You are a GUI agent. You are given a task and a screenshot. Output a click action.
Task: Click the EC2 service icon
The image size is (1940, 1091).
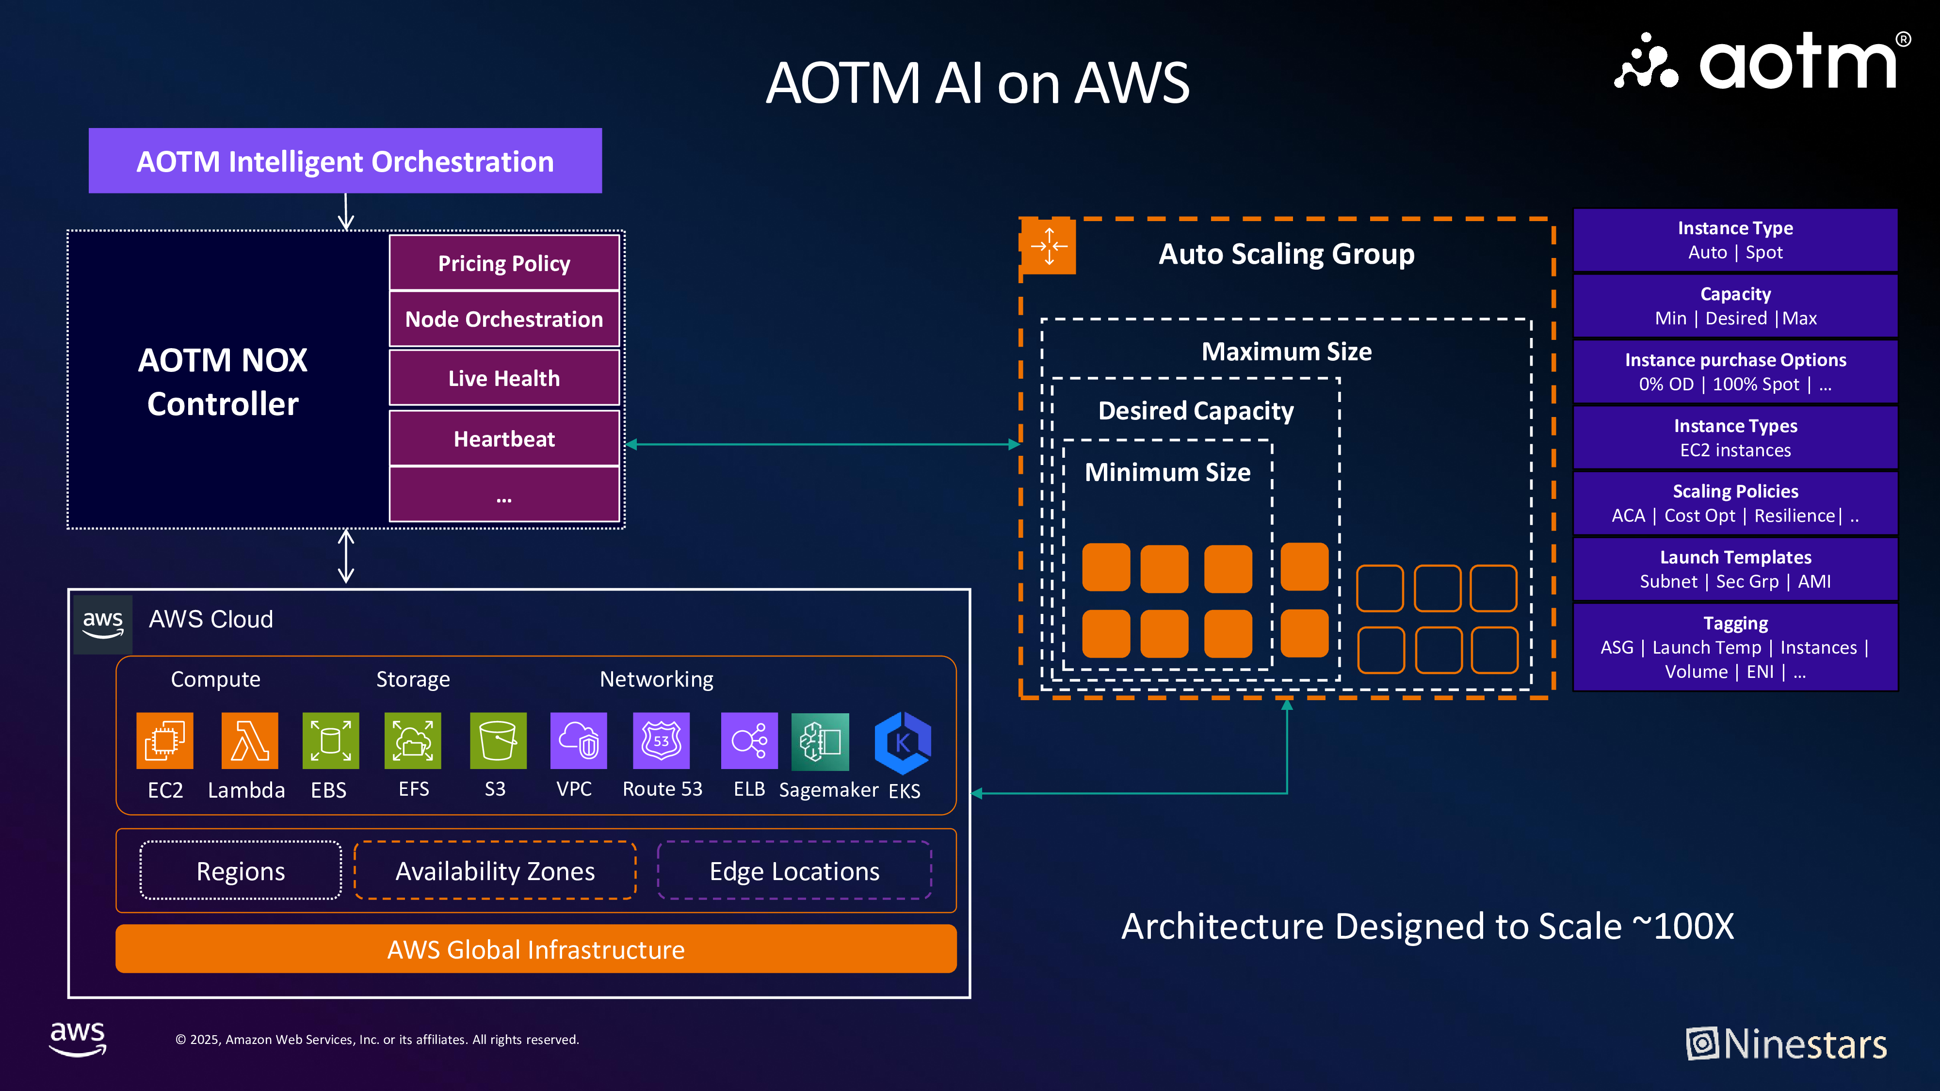(165, 741)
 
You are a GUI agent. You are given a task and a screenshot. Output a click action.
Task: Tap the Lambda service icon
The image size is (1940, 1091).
(249, 741)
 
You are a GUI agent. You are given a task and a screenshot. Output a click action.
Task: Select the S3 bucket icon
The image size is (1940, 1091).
(498, 741)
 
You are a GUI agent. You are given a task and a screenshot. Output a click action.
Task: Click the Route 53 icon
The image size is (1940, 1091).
(661, 741)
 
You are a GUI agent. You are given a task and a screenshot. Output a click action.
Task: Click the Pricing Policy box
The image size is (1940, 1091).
(504, 263)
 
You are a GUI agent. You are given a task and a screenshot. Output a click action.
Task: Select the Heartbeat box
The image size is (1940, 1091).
(504, 438)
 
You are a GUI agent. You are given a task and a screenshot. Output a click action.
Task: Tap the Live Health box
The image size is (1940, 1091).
(504, 378)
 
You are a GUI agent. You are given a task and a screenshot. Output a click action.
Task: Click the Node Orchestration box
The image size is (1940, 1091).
(504, 319)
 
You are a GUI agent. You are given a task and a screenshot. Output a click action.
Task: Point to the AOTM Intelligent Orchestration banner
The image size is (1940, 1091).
(345, 160)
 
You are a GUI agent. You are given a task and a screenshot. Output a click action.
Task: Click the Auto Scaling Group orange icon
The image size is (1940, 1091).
(1048, 246)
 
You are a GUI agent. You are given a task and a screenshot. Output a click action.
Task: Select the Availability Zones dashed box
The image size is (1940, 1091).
(495, 870)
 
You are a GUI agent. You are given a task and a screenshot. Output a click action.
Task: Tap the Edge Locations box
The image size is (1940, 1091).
(794, 870)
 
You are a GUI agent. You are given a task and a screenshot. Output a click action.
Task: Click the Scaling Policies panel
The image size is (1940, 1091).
(1735, 503)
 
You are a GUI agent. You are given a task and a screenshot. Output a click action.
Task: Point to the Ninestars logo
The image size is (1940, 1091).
(1786, 1043)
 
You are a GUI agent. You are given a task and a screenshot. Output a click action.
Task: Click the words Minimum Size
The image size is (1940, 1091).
(1167, 472)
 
